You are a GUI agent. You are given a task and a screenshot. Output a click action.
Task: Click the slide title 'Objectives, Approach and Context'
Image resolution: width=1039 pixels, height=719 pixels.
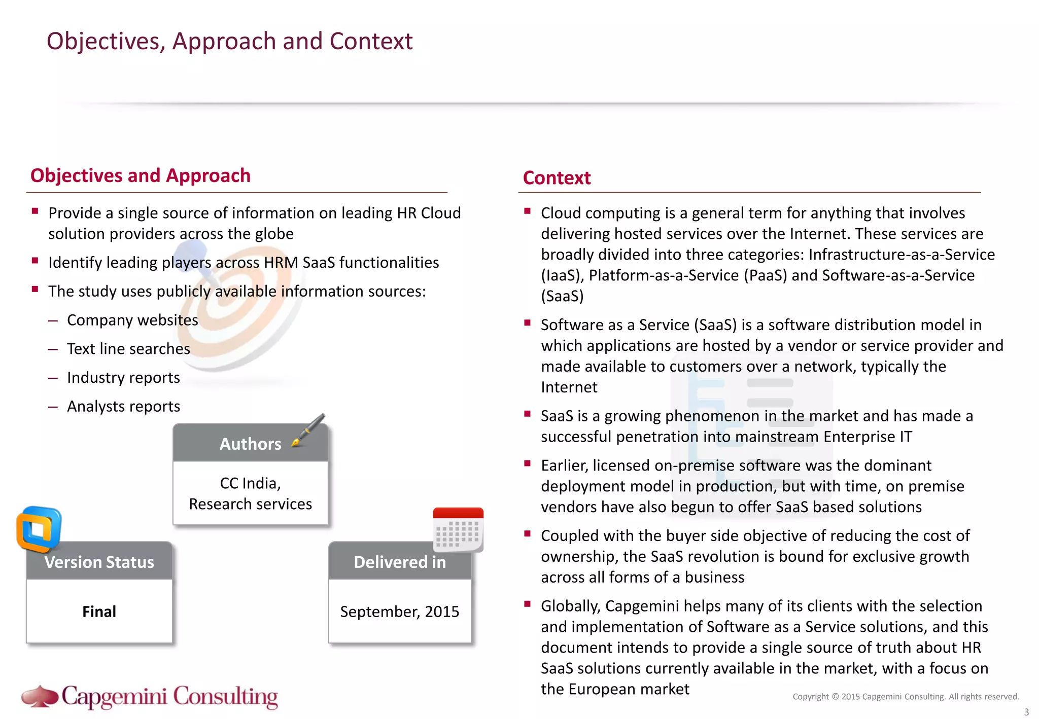[x=229, y=41]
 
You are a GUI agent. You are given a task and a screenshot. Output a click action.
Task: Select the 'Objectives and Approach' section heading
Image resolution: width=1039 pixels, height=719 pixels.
[x=140, y=175]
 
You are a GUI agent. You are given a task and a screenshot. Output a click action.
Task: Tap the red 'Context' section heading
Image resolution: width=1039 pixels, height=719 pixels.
[x=557, y=178]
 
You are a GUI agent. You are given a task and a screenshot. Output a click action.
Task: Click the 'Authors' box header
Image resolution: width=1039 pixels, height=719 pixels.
[x=250, y=444]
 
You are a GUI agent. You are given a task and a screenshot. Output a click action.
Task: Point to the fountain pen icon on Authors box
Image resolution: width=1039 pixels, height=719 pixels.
[x=309, y=430]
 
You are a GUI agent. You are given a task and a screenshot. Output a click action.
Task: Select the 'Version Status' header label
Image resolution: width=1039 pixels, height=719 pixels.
[x=99, y=562]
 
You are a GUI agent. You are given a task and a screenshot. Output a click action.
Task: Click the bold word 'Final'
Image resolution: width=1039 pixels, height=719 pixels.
[x=99, y=612]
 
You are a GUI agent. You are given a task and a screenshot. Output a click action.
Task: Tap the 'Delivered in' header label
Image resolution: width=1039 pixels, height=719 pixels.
[x=399, y=562]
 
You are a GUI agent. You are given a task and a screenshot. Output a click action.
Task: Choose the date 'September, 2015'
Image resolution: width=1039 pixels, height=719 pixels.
[x=399, y=612]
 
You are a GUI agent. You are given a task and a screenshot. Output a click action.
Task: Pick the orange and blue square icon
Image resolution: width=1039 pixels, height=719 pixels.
[x=39, y=529]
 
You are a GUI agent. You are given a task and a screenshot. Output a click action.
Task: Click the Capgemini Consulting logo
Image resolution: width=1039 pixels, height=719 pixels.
[x=150, y=696]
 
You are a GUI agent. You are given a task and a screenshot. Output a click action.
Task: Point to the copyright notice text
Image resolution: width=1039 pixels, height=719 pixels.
[x=906, y=697]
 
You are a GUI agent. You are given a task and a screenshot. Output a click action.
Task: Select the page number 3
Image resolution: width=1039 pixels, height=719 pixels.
[x=1026, y=712]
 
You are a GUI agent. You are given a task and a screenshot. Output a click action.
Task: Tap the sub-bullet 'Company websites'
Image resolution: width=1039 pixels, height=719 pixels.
[x=132, y=320]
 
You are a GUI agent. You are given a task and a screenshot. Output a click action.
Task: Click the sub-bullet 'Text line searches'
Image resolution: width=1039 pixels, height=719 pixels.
[x=128, y=349]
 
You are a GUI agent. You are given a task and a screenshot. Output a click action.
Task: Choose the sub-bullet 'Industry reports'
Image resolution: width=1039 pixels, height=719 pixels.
[x=123, y=378]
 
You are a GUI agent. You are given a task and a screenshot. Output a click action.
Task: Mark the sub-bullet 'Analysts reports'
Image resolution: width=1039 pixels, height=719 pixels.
[x=123, y=407]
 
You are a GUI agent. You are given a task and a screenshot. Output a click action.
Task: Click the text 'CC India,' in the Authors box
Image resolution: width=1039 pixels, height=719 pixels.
[x=250, y=483]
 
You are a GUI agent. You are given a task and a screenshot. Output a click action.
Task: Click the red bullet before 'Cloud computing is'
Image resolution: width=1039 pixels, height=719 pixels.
[x=528, y=211]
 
